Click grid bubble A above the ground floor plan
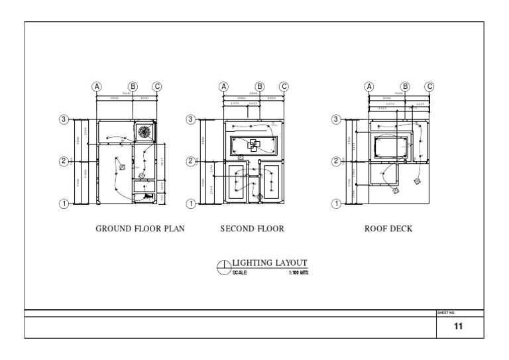97,86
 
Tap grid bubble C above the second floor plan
284,86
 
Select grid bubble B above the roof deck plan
406,86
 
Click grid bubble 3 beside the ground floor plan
64,119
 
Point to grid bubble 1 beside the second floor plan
191,204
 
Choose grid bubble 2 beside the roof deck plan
336,161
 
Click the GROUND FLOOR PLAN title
140,229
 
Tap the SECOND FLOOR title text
252,229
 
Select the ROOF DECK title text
388,229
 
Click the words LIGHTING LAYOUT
270,263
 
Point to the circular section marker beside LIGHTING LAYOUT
223,268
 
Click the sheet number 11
458,327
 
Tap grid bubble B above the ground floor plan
133,86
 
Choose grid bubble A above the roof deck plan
369,86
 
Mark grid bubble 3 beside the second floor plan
191,119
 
